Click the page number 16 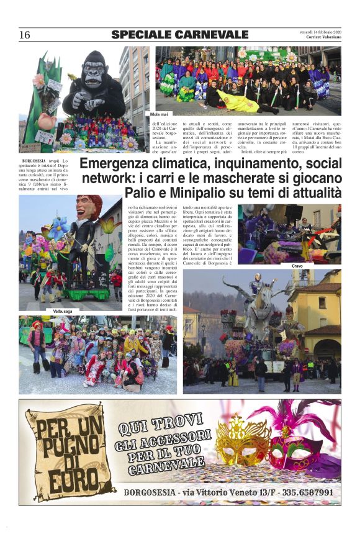coord(24,35)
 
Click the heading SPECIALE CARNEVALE coord(179,35)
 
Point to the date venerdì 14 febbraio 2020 coord(321,30)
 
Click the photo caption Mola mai coord(160,115)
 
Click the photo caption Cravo coord(296,266)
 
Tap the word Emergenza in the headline coord(116,165)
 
